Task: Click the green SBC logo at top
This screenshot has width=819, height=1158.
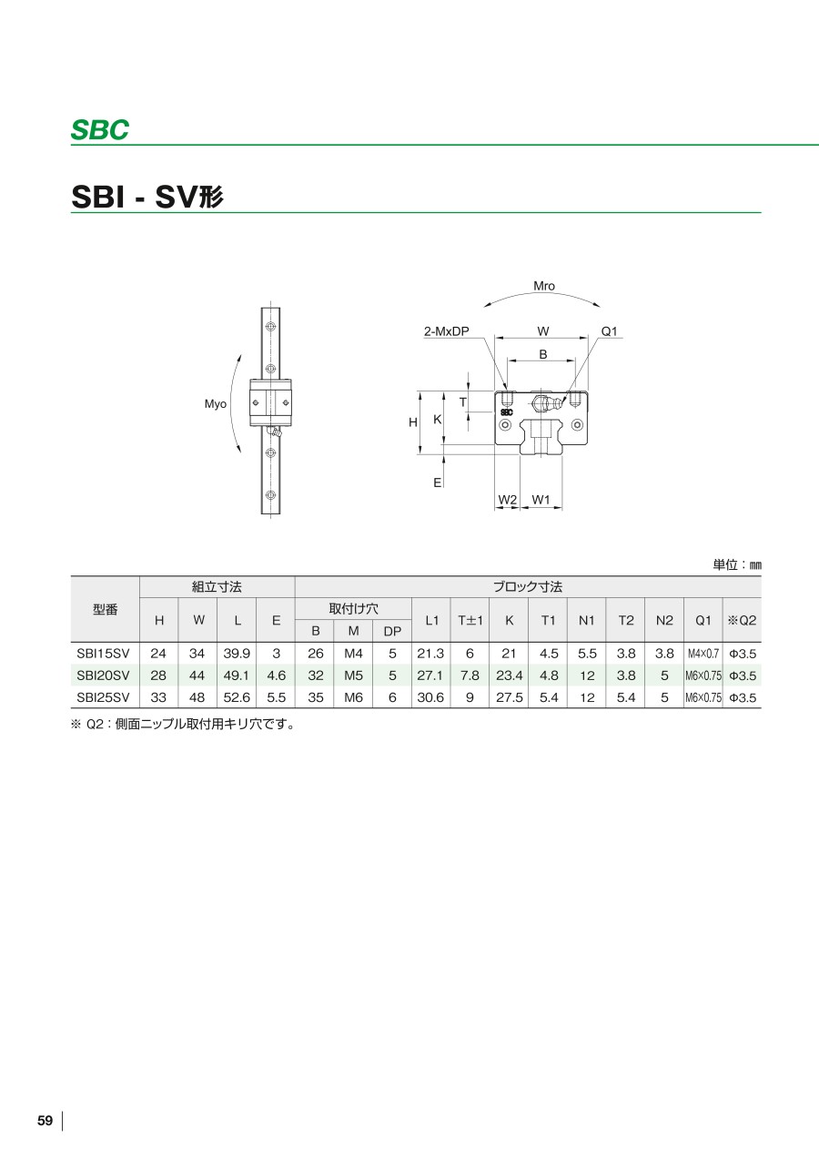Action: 100,130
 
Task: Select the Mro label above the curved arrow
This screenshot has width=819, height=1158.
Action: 544,286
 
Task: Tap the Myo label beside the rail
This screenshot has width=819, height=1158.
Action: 216,403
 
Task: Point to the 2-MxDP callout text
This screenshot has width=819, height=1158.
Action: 447,331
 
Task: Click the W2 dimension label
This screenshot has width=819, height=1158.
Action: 508,500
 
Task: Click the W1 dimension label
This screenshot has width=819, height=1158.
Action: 541,500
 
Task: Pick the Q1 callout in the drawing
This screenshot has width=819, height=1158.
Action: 609,331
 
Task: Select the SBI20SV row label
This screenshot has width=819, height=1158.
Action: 104,675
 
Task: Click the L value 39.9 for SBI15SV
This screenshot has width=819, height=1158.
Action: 237,654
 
